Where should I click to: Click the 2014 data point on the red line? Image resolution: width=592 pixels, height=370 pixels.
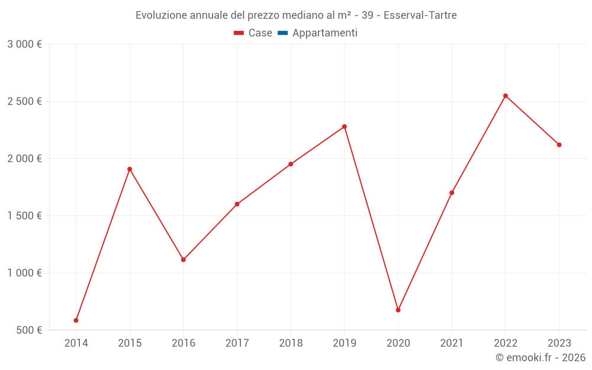76,320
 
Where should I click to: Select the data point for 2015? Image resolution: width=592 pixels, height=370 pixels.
130,169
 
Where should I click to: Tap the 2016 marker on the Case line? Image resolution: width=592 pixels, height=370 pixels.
184,260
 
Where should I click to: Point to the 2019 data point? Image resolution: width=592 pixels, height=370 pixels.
345,127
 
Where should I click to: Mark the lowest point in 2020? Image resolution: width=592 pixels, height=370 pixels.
398,310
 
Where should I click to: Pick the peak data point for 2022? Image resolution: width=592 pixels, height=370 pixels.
506,96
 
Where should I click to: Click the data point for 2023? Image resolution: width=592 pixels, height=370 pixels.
559,145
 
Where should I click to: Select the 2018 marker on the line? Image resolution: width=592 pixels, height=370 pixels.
291,164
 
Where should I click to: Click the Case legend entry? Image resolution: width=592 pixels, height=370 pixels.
253,33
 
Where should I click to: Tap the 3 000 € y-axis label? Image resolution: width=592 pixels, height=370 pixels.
24,44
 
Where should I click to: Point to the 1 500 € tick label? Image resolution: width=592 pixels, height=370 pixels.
24,216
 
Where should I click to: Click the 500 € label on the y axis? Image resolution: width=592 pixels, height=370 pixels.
28,330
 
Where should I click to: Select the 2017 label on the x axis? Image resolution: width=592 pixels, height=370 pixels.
237,343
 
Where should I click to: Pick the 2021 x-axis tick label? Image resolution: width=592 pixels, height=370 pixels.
452,343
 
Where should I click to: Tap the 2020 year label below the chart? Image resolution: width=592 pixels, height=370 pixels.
398,343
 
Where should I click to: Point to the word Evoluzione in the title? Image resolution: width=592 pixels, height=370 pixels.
162,15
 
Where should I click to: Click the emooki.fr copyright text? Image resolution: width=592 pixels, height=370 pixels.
540,358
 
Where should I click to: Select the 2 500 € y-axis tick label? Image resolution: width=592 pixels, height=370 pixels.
24,102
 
